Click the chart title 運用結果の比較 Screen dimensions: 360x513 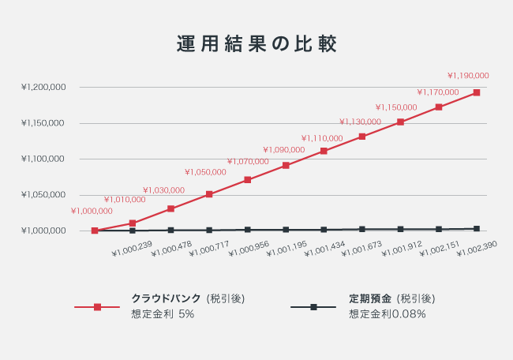[x=256, y=44]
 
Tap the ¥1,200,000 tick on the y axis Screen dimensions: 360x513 [x=43, y=88]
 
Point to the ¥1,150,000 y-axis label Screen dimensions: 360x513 [x=43, y=124]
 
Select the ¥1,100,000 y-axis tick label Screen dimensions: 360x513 [x=43, y=159]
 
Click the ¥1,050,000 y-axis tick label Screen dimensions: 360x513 [x=43, y=195]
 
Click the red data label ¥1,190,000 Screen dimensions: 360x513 [x=468, y=76]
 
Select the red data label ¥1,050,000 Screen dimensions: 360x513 [x=205, y=172]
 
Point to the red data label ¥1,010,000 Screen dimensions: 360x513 [x=125, y=200]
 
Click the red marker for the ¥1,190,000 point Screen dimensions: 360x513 [x=476, y=93]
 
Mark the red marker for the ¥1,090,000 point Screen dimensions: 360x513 [x=286, y=166]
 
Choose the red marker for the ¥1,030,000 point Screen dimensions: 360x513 [x=170, y=209]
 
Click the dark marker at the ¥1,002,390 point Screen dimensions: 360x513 [x=476, y=229]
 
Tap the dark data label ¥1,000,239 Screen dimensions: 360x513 [x=133, y=249]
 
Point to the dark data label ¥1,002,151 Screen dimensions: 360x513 [x=440, y=249]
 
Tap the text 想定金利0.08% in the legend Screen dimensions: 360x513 [x=388, y=314]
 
